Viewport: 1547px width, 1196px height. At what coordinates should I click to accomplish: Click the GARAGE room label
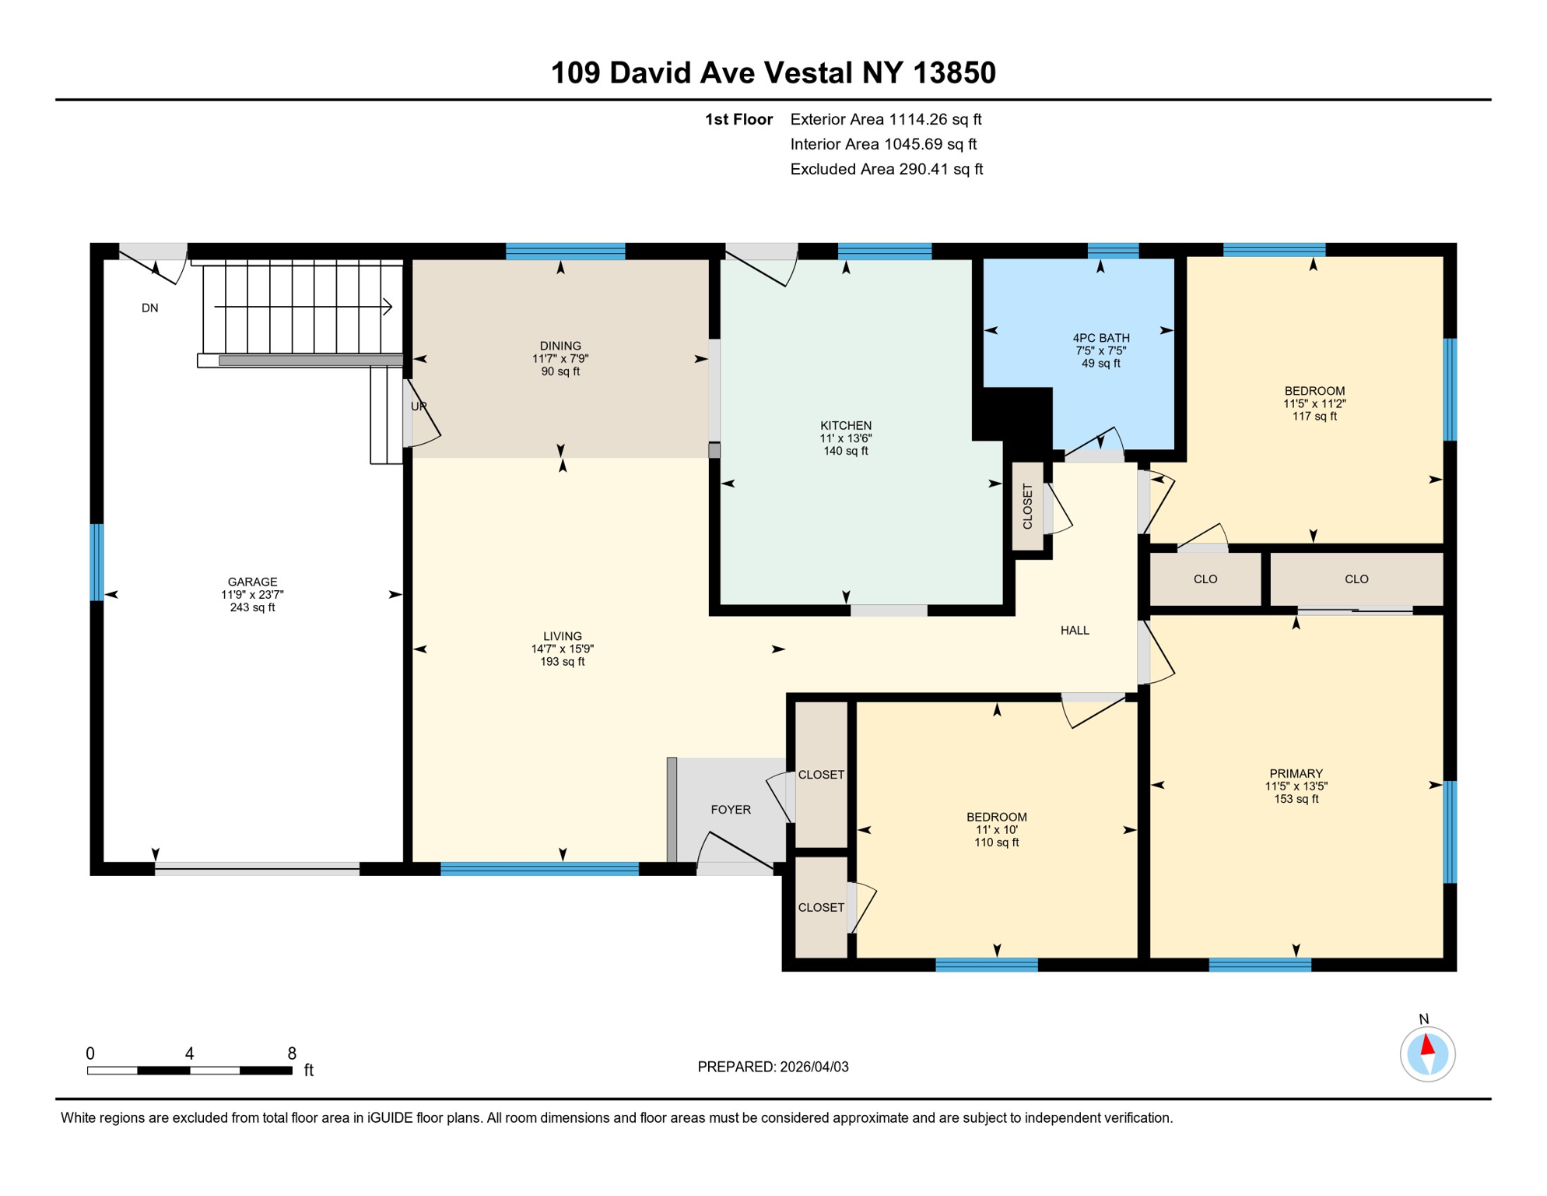coord(252,582)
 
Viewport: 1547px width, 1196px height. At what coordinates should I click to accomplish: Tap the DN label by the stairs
coord(150,308)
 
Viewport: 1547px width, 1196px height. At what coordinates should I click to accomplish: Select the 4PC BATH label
coord(1100,338)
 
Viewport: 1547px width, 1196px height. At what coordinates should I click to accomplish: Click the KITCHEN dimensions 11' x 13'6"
coord(845,438)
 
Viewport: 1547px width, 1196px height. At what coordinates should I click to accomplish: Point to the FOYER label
coord(731,810)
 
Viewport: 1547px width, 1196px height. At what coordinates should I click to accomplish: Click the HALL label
coord(1075,631)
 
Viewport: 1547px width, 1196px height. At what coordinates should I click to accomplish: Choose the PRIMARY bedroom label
coord(1296,773)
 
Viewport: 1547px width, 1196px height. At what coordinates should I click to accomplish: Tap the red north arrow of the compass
coord(1427,1044)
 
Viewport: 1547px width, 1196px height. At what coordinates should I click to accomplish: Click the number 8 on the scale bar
coord(292,1054)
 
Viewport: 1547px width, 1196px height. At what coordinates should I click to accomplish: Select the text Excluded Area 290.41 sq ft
coord(886,169)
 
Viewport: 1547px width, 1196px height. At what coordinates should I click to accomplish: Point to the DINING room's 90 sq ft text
coord(560,371)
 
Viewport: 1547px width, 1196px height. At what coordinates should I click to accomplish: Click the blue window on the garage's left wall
coord(96,562)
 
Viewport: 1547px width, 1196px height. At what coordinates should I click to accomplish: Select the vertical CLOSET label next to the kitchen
coord(1027,507)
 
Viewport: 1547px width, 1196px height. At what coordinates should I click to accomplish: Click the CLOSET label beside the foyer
coord(821,775)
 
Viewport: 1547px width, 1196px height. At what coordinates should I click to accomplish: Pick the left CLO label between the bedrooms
coord(1205,579)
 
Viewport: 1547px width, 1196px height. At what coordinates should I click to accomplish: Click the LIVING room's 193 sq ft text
coord(563,662)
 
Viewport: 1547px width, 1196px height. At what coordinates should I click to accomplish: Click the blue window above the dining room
coord(565,251)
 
